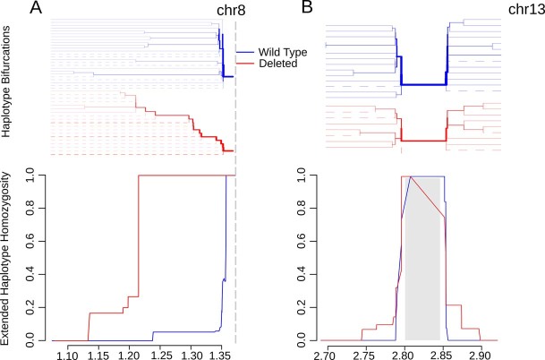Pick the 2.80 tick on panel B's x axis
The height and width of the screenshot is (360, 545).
pyautogui.click(x=404, y=356)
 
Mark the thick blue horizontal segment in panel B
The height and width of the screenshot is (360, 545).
pyautogui.click(x=423, y=84)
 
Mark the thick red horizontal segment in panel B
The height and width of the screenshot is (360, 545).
pyautogui.click(x=423, y=141)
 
